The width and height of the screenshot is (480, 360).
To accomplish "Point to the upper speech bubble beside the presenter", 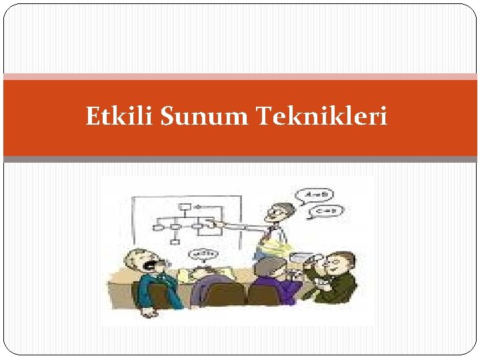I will (319, 196).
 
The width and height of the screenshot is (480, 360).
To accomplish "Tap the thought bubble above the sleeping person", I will (205, 254).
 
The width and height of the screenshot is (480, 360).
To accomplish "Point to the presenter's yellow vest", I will (275, 243).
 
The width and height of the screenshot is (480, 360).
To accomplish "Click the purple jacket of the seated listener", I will (274, 291).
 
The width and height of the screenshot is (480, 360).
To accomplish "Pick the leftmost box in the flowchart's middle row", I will (158, 227).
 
